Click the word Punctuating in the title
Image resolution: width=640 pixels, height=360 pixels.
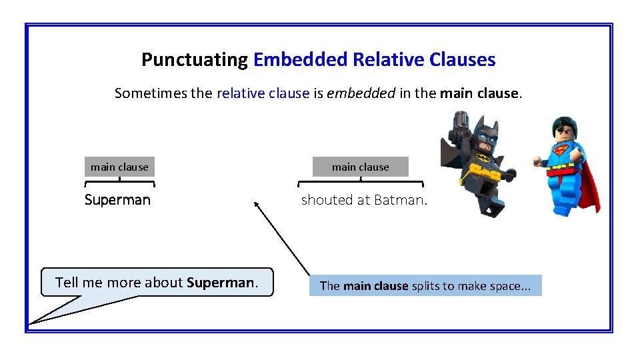(195, 60)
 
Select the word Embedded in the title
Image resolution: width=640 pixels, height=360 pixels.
(301, 60)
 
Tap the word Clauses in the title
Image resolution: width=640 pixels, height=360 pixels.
(462, 60)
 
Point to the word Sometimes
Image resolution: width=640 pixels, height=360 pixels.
(153, 93)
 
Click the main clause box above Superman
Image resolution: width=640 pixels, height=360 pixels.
(119, 167)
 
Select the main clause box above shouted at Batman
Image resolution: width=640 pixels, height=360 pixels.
(361, 167)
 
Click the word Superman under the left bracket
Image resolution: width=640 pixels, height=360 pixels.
(118, 200)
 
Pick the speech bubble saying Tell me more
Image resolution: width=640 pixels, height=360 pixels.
(157, 282)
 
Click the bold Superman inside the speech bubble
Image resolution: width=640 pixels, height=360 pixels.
(221, 282)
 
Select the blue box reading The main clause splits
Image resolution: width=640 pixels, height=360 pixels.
(425, 286)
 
